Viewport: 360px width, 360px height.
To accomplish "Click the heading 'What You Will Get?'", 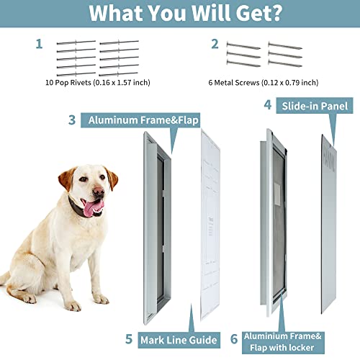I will tap(180, 14).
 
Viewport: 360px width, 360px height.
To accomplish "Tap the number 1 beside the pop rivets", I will tap(38, 44).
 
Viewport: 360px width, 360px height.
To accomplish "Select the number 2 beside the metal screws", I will tap(214, 44).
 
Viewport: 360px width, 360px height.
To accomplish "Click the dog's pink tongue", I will tap(93, 209).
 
